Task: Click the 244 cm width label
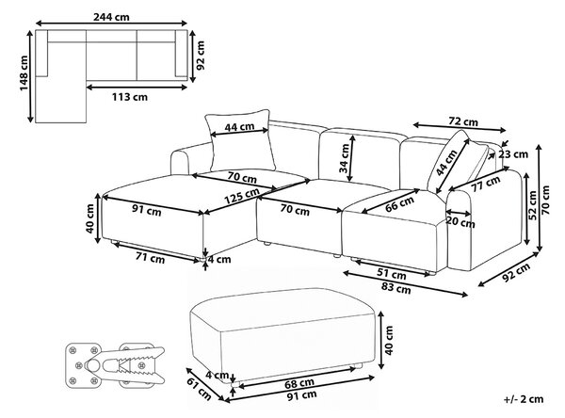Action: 111,17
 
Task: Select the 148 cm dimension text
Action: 24,73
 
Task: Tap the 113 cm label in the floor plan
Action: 129,97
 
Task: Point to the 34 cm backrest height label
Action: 345,158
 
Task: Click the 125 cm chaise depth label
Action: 241,196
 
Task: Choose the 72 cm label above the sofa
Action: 463,121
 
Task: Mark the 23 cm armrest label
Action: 513,154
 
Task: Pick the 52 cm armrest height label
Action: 533,204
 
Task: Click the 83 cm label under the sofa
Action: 396,288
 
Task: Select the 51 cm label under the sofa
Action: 392,275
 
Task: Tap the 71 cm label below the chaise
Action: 151,258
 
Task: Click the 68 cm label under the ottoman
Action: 299,383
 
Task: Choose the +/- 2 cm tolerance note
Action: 524,399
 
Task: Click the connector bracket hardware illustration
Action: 115,365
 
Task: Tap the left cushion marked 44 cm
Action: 239,140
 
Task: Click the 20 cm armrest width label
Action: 460,222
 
